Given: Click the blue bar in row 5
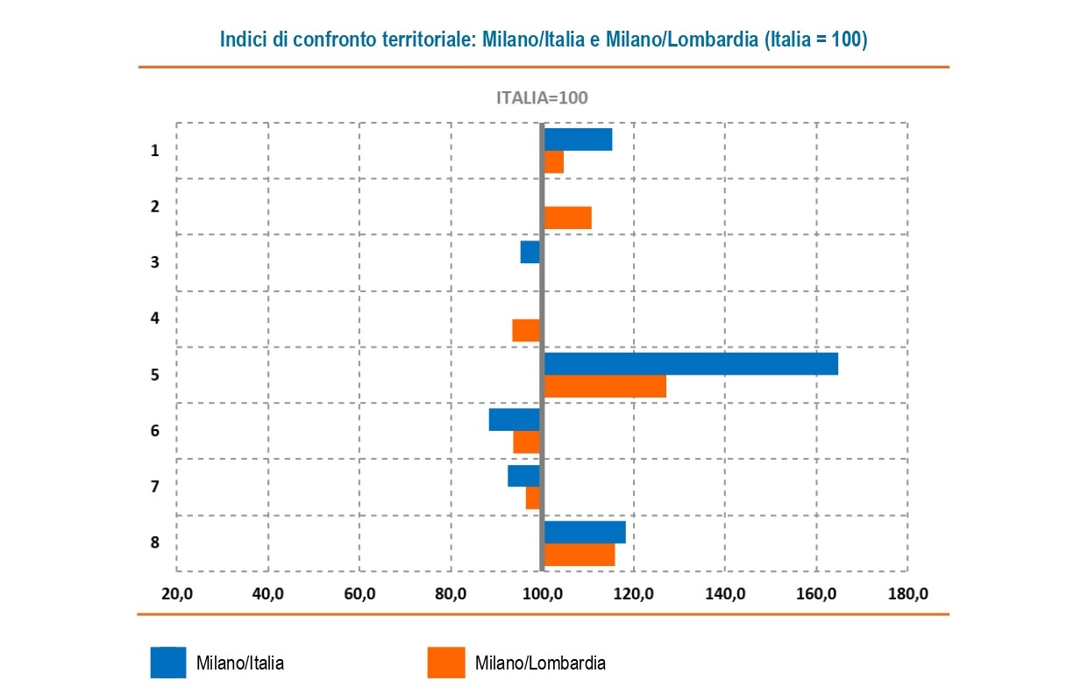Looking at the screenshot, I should tap(691, 363).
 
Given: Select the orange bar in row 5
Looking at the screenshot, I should tap(605, 386).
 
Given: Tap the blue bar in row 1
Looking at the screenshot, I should tap(578, 140).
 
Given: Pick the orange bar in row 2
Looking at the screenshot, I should tap(567, 218).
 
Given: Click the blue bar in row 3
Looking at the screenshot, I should tap(530, 252).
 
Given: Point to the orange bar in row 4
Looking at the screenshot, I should tap(526, 331).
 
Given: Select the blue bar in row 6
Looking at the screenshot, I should tap(514, 419).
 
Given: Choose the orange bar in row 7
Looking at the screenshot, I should tap(532, 498).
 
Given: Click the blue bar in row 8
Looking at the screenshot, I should tap(585, 532).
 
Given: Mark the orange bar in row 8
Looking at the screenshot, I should tap(579, 555).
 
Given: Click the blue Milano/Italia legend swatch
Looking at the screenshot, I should tap(168, 663).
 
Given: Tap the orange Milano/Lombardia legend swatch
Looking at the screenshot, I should tap(446, 663).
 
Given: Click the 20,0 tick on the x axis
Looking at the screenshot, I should tap(177, 594).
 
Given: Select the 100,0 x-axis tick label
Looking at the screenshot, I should tap(543, 594).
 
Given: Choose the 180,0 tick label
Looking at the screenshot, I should tap(907, 594).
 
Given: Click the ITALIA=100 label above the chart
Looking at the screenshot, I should tap(542, 97).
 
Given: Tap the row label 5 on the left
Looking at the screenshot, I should tap(155, 375).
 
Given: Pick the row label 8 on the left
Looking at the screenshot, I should tap(155, 542).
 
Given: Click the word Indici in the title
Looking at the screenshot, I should tap(242, 40).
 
